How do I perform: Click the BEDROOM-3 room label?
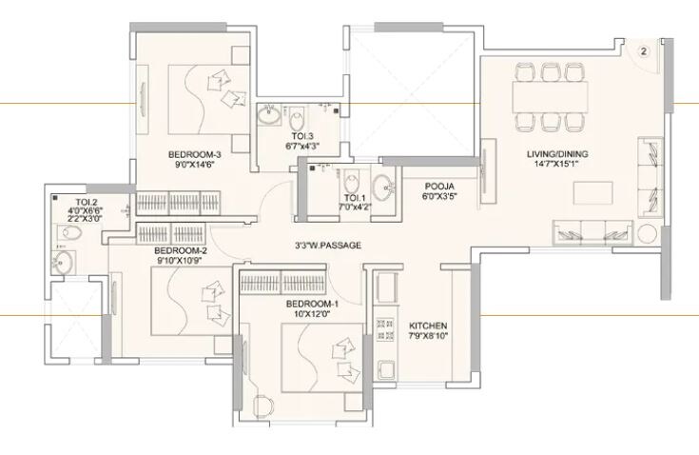click(x=195, y=154)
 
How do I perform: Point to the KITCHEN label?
click(x=425, y=324)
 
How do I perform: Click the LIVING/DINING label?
click(x=556, y=154)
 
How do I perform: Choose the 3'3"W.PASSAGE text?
click(x=328, y=245)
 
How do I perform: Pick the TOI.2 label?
click(x=87, y=202)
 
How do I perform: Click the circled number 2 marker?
click(x=643, y=51)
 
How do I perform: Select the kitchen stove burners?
click(x=387, y=333)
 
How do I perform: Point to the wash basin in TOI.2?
click(x=65, y=264)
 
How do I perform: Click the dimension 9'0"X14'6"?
click(x=195, y=165)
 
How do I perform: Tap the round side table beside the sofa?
click(x=649, y=234)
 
